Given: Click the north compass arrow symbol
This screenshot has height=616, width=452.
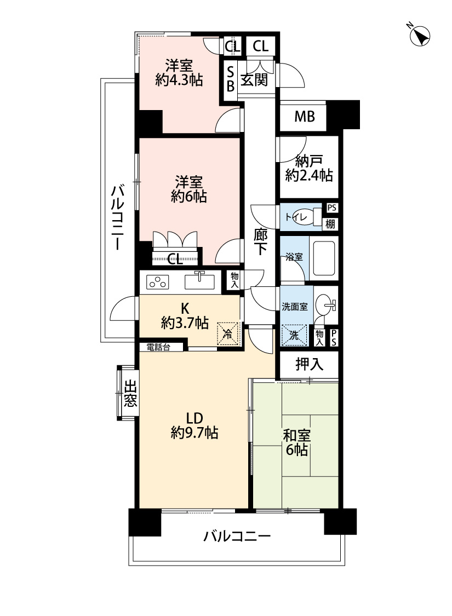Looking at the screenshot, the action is click(x=419, y=36).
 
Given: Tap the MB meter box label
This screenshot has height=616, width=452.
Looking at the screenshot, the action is click(x=305, y=116).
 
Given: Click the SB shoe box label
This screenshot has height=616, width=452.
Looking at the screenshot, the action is click(x=230, y=79).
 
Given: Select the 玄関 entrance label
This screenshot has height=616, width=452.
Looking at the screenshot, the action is click(x=254, y=80).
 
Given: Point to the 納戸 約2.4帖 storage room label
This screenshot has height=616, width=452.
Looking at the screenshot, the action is click(x=309, y=168).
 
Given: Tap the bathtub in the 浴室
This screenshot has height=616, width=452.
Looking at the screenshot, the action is click(x=324, y=257).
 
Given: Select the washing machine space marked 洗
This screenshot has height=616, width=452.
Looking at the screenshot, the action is click(x=294, y=335).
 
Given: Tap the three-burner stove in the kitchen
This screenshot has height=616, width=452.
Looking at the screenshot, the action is click(x=157, y=282).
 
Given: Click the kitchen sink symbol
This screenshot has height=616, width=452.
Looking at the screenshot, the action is click(x=199, y=281).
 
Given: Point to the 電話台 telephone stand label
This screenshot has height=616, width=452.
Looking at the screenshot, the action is click(x=158, y=347).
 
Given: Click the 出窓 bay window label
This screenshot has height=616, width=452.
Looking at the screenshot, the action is click(x=130, y=393).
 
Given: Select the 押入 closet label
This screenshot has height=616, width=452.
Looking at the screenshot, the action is click(x=310, y=364).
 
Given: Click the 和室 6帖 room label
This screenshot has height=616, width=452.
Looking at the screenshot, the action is click(x=297, y=443).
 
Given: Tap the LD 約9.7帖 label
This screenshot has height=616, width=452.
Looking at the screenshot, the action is click(x=194, y=425).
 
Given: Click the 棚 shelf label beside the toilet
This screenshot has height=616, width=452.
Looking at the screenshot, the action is click(x=330, y=223).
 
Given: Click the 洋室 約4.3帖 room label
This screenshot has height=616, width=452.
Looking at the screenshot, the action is click(x=179, y=73).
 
